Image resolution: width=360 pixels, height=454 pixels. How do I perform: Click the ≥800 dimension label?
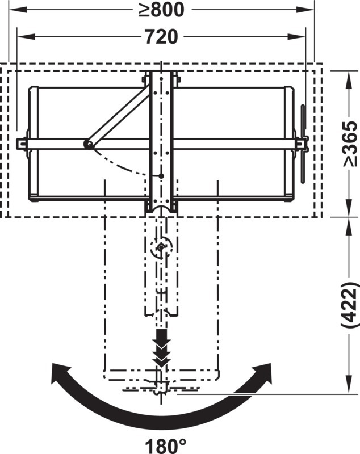point(161,10)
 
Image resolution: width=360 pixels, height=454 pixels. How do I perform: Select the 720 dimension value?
point(161,37)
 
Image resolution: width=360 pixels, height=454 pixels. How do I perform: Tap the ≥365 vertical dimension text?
point(350,144)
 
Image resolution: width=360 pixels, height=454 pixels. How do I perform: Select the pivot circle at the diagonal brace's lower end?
point(88,144)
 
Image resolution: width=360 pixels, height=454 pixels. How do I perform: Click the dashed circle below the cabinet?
point(161,247)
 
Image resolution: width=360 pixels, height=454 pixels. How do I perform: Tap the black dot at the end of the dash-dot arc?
point(161,176)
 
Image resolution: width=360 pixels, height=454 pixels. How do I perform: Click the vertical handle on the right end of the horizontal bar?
point(303,144)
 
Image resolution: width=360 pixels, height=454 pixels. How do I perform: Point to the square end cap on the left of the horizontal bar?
point(21,144)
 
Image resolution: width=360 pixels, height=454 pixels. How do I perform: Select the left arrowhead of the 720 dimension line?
point(26,37)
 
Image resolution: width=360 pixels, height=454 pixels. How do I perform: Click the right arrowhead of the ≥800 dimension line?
point(305,10)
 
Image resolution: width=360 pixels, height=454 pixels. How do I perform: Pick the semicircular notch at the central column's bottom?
point(161,209)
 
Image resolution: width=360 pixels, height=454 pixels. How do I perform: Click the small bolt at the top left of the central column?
point(144,79)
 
